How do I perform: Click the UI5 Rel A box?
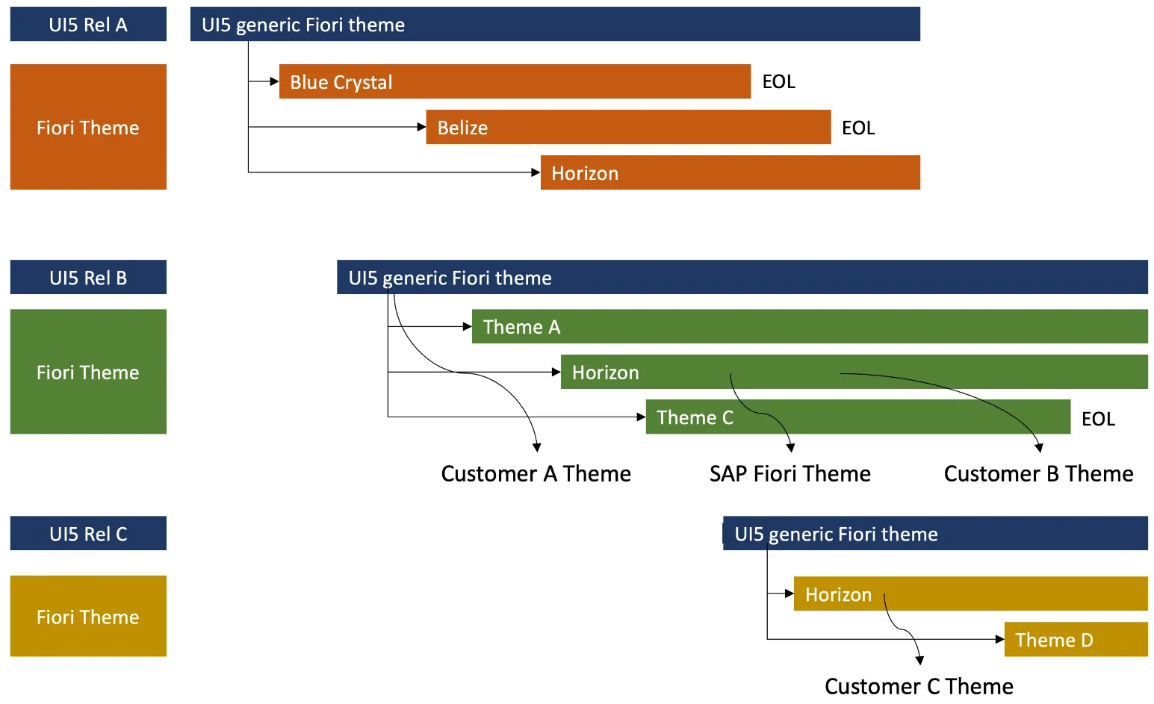click(88, 25)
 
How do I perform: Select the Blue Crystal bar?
click(514, 81)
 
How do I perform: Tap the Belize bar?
click(627, 127)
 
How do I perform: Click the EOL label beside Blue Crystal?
click(778, 81)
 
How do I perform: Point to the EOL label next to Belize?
click(858, 128)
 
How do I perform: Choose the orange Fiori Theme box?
click(88, 127)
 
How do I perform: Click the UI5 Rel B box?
click(88, 278)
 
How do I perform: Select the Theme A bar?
click(809, 326)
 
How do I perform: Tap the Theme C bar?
click(857, 417)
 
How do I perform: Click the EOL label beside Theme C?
click(1098, 419)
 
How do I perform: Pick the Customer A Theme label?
click(536, 473)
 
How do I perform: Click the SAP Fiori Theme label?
click(790, 473)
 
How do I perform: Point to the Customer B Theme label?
click(1038, 473)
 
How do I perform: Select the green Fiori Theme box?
click(88, 372)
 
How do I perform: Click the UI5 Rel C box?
click(88, 534)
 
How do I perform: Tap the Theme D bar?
click(1076, 639)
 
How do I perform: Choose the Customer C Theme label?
click(919, 686)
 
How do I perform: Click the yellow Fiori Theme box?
click(88, 617)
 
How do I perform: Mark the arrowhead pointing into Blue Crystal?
click(274, 81)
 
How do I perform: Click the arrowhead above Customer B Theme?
click(1038, 448)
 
